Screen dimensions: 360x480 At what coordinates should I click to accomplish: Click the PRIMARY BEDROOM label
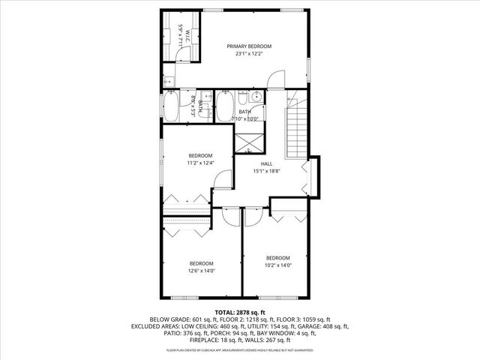click(x=249, y=46)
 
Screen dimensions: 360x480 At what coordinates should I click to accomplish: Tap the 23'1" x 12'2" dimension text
click(x=249, y=54)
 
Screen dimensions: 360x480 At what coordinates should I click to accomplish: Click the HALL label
click(x=266, y=163)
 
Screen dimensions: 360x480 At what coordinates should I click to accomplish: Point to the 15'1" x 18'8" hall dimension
click(x=266, y=171)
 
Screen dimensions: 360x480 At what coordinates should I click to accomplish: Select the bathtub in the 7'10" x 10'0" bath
click(x=224, y=106)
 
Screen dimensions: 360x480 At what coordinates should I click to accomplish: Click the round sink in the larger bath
click(x=256, y=97)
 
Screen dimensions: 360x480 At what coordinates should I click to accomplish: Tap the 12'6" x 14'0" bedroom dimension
click(x=201, y=271)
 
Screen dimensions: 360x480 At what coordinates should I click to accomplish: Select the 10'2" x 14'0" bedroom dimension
click(x=277, y=265)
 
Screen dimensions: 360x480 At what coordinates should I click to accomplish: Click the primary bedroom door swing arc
click(x=278, y=78)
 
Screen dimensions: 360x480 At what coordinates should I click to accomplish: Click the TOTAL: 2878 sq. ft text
click(x=240, y=311)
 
